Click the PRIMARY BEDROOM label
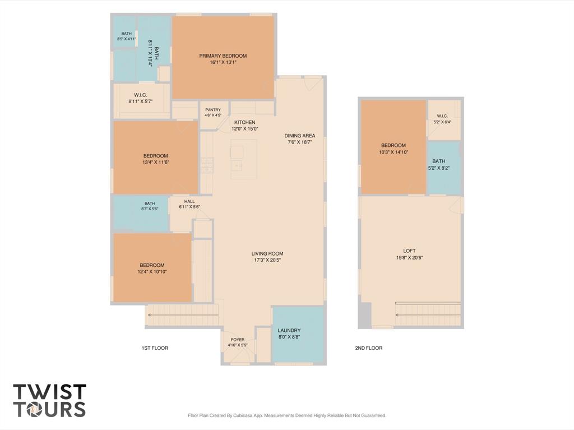tap(223, 56)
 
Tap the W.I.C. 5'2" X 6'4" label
tap(442, 119)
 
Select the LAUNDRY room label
tap(289, 330)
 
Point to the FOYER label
tap(238, 340)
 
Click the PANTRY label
tap(213, 110)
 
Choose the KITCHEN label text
tap(245, 122)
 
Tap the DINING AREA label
tap(300, 136)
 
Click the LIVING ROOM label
tap(267, 253)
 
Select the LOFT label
tap(409, 251)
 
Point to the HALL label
tap(189, 201)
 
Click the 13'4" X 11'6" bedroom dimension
tap(156, 162)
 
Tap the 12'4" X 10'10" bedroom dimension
tap(152, 272)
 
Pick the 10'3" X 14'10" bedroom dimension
tap(394, 152)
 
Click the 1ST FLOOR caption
tap(155, 348)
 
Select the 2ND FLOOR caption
tap(369, 348)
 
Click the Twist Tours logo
tap(50, 400)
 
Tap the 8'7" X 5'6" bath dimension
tap(150, 209)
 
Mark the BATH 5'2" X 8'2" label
tap(438, 164)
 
